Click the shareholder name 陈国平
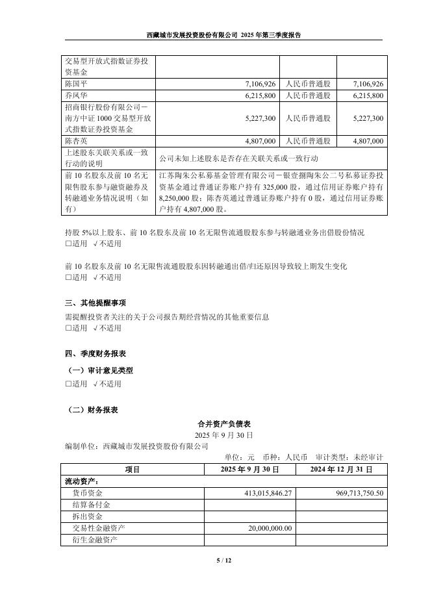point(78,84)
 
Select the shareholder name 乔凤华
point(78,95)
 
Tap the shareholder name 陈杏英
point(78,140)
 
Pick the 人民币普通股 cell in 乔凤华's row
point(308,95)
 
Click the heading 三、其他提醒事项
point(95,303)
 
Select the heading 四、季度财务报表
point(95,354)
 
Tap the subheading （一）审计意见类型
point(101,370)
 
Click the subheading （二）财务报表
point(94,410)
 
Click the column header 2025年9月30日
point(250,468)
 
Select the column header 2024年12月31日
point(341,468)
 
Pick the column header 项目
point(133,468)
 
